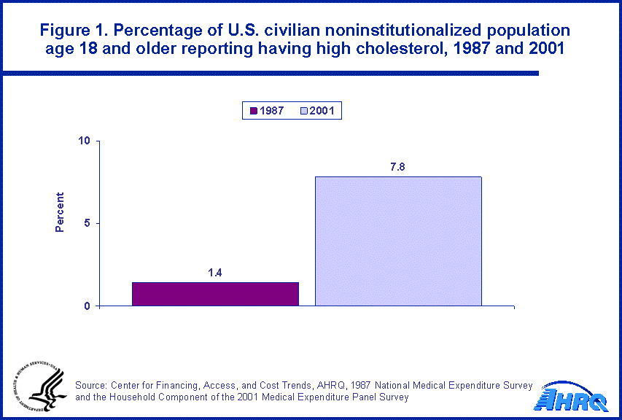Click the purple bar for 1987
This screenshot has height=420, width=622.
[x=215, y=293]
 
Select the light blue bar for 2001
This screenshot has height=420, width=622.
[x=397, y=241]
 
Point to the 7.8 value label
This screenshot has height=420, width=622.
[x=397, y=167]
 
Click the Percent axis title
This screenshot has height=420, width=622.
[x=60, y=212]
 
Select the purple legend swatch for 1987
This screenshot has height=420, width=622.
[x=253, y=111]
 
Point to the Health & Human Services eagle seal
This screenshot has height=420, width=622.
[x=40, y=387]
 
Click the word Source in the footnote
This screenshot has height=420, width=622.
[x=92, y=385]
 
